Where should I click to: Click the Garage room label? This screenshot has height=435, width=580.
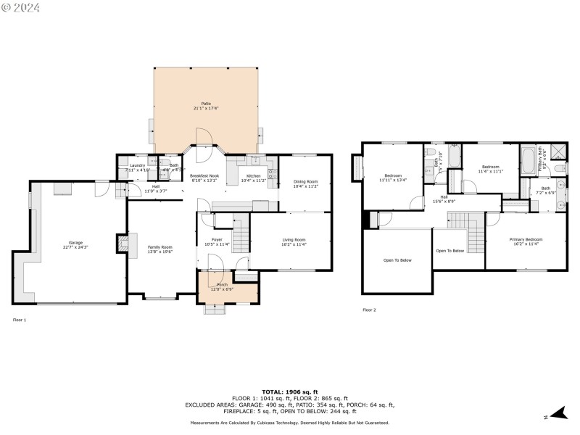coord(75,244)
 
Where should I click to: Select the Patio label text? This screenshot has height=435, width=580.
coord(207,106)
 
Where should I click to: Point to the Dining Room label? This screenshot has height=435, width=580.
coord(305,183)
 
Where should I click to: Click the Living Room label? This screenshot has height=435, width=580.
coord(294,241)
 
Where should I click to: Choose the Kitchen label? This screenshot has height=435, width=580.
coord(253,178)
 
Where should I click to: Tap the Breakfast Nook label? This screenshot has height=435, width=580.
coord(204,178)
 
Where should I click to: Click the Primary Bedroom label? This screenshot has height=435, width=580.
coord(526,241)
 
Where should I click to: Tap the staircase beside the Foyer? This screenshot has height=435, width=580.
coord(241,236)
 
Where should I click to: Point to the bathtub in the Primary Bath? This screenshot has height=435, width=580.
coord(528,159)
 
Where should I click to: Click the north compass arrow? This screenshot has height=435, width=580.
coord(556,413)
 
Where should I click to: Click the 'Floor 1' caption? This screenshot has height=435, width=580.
coord(20,320)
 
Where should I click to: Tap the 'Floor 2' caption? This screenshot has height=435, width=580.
coord(369,310)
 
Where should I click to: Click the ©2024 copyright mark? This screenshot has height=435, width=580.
coord(21,7)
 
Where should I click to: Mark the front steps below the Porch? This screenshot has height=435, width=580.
coord(215,309)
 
